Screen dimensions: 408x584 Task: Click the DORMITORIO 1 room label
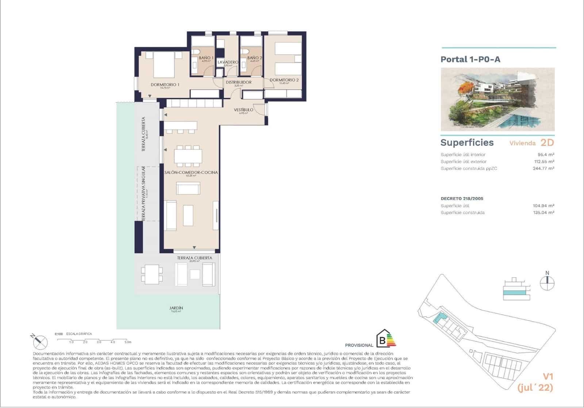[165, 85]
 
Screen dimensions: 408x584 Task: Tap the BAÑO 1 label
[206, 58]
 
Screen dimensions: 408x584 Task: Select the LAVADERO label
[228, 62]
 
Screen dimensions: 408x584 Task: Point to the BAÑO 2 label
[254, 58]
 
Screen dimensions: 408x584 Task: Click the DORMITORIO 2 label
[284, 80]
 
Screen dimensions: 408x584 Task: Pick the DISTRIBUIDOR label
[238, 82]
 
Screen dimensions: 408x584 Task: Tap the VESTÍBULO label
[243, 110]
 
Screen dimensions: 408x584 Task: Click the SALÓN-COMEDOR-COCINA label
[191, 172]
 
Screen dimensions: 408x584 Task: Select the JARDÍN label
[176, 308]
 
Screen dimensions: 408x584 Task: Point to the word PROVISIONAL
[359, 345]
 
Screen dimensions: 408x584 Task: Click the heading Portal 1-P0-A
[470, 59]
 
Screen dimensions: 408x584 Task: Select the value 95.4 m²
[546, 155]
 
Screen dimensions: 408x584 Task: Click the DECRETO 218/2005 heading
[462, 199]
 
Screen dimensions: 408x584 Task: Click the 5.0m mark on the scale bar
[127, 342]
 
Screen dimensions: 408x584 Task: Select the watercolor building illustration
[497, 99]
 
